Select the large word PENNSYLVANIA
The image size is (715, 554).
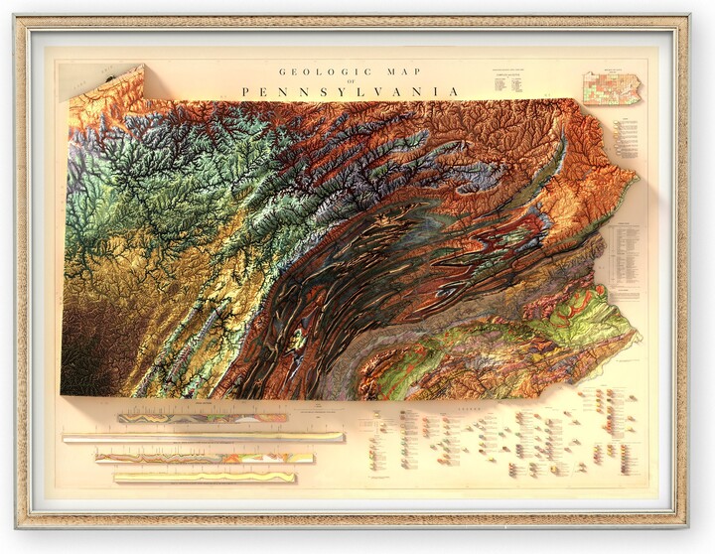pyautogui.click(x=350, y=91)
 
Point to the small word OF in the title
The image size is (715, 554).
pyautogui.click(x=350, y=81)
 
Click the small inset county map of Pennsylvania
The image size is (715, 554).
pyautogui.click(x=612, y=87)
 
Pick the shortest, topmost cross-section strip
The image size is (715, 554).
pyautogui.click(x=202, y=418)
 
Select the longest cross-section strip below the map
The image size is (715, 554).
pyautogui.click(x=203, y=437)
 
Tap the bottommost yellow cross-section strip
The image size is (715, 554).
pyautogui.click(x=205, y=478)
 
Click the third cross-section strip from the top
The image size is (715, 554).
pyautogui.click(x=205, y=458)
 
